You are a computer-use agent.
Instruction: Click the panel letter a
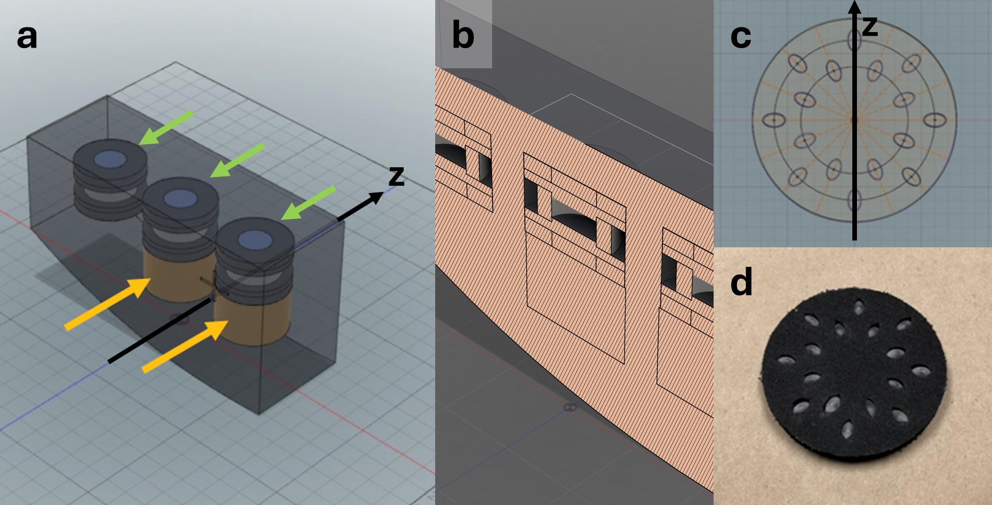point(27,37)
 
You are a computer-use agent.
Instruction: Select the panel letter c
point(741,37)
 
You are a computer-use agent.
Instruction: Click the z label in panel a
point(396,176)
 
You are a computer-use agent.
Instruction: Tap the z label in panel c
point(870,26)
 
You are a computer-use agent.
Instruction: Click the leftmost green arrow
point(166,127)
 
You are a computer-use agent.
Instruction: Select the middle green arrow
point(237,160)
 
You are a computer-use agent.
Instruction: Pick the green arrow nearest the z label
point(308,203)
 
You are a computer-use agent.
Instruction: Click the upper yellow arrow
point(108,304)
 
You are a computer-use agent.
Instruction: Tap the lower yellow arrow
point(185,346)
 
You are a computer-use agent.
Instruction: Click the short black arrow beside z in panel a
point(361,206)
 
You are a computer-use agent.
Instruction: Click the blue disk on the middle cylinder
point(180,197)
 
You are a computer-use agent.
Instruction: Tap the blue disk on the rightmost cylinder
point(256,240)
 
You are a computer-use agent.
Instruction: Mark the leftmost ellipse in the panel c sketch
point(774,121)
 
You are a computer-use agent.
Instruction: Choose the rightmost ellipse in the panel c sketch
point(935,121)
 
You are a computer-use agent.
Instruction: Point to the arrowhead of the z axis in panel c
point(855,7)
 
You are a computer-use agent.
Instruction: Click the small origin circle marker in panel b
point(570,408)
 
